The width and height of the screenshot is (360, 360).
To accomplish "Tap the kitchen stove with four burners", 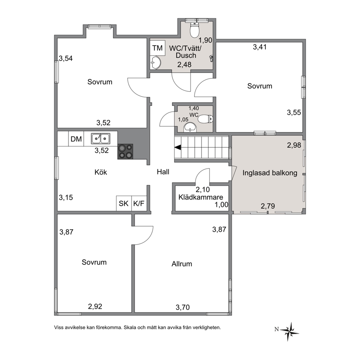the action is (x=125, y=151).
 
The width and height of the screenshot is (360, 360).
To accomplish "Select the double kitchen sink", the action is (x=101, y=139).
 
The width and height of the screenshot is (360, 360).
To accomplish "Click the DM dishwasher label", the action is (x=76, y=139).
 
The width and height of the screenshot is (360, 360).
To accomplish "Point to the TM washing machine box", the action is (x=157, y=48).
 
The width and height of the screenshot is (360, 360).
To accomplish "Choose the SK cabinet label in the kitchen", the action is (x=123, y=203).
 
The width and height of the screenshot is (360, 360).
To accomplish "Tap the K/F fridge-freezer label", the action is (x=139, y=203).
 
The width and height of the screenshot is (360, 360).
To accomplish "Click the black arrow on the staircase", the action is (x=178, y=148).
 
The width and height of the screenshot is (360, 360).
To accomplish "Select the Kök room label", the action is (x=101, y=172).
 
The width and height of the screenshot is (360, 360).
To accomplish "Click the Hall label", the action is (x=163, y=172).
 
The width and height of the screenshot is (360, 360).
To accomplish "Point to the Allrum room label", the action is (x=182, y=264).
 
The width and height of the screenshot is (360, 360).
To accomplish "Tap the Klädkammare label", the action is (x=201, y=197).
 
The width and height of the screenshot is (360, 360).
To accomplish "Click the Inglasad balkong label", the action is (x=270, y=173).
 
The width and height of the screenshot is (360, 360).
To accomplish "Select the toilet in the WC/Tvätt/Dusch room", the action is (x=195, y=30).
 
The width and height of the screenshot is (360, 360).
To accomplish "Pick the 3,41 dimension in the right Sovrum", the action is (x=260, y=47).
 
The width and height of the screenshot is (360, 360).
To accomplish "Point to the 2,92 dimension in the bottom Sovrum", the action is (x=95, y=306).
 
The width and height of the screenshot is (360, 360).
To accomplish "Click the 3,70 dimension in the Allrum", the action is (x=183, y=307).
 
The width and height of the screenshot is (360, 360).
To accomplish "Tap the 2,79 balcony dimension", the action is (x=268, y=206).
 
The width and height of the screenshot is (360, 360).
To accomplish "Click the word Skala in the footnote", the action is (x=130, y=328).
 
